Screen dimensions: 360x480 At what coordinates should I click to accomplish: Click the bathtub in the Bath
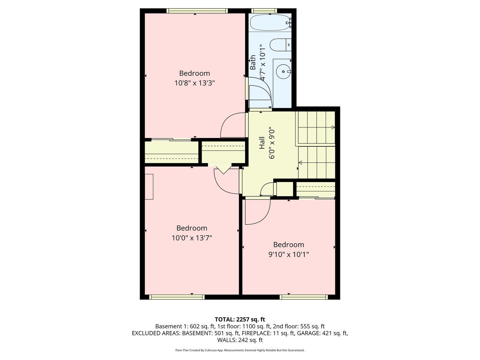(270, 23)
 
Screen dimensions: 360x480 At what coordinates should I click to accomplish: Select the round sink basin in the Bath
(283, 71)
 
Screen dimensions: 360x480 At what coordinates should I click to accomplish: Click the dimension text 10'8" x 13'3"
(194, 83)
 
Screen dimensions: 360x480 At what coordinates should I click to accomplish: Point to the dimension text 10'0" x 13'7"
(192, 238)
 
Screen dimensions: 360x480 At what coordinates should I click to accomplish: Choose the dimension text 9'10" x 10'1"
(288, 255)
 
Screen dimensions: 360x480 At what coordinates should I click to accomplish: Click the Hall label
(262, 143)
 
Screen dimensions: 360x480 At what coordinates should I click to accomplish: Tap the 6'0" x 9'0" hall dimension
(272, 143)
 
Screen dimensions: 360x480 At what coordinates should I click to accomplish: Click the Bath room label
(253, 62)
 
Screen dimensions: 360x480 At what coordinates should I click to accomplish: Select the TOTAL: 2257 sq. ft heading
(240, 319)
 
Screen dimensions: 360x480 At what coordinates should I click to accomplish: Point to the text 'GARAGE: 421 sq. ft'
(322, 333)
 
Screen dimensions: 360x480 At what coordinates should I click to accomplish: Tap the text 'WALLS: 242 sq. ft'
(240, 340)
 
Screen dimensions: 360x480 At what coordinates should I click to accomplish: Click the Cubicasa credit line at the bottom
(240, 350)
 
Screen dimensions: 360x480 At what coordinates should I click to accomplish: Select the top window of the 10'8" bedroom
(197, 11)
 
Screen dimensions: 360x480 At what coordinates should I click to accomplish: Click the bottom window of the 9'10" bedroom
(304, 297)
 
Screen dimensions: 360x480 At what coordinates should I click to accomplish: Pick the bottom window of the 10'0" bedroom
(177, 297)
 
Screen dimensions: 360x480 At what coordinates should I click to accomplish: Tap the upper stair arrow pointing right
(333, 127)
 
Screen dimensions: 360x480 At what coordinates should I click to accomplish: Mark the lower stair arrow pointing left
(300, 163)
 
